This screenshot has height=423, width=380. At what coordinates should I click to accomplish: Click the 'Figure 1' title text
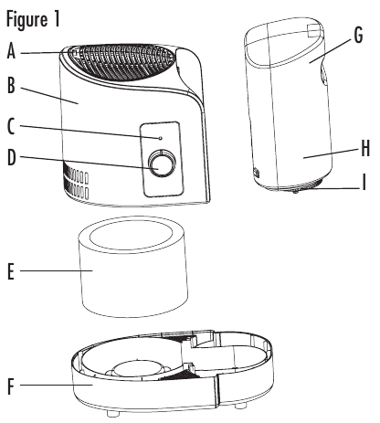(x=33, y=19)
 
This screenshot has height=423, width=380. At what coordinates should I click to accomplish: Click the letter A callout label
(x=11, y=51)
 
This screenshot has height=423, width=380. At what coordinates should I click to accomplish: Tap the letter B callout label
(x=11, y=85)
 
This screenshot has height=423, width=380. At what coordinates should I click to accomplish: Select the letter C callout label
(x=11, y=126)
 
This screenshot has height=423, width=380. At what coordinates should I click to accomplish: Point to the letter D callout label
(x=11, y=158)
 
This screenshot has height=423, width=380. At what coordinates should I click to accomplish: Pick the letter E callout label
(x=11, y=271)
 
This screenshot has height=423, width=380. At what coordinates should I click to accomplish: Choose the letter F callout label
(x=11, y=386)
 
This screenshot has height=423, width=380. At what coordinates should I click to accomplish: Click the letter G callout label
(x=358, y=35)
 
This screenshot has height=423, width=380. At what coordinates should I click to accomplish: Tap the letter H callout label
(x=365, y=149)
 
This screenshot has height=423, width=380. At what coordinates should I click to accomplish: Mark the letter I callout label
(x=364, y=182)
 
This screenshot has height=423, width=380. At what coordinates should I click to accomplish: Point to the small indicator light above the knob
(x=160, y=139)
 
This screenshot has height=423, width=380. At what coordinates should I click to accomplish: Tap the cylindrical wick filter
(x=133, y=267)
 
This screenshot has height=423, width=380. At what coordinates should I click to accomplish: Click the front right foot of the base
(x=239, y=405)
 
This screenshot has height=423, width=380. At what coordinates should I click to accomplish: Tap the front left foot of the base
(x=113, y=413)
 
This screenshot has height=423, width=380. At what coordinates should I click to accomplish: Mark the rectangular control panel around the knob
(x=162, y=159)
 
